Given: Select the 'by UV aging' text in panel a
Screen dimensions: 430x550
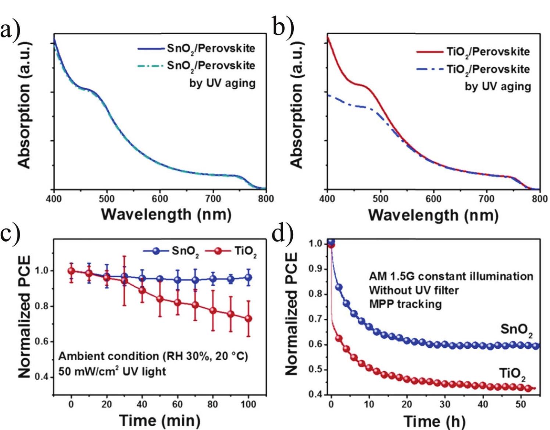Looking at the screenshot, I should [x=222, y=83].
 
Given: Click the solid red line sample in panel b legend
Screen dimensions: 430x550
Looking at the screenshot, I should [x=429, y=52].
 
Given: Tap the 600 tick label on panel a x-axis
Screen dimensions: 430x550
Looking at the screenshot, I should [x=160, y=199].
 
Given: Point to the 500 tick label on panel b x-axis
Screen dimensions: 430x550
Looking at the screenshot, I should [x=380, y=199].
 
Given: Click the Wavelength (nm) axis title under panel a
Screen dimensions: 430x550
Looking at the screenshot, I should [x=166, y=214].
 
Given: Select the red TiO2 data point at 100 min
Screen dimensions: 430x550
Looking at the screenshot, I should [x=249, y=319].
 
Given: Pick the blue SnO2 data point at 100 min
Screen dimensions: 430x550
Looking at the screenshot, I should [x=249, y=278].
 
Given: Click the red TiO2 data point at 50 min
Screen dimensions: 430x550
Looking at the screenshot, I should [x=160, y=299].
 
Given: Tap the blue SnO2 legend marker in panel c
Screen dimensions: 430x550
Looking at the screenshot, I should [x=156, y=251].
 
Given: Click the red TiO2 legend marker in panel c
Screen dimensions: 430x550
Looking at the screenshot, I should [x=218, y=251].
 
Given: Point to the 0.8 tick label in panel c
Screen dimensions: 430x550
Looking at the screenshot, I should [x=41, y=306].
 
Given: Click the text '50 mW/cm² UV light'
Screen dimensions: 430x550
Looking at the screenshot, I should [x=112, y=371].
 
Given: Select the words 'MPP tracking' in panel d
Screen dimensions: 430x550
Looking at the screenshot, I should [x=405, y=304].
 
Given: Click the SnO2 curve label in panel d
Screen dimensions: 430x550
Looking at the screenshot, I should [x=516, y=330].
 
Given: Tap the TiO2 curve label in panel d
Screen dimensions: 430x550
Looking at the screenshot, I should [x=512, y=374].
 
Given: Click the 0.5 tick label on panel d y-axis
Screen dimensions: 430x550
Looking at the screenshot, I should [x=315, y=369].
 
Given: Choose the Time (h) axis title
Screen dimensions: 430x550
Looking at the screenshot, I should [x=434, y=421].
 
